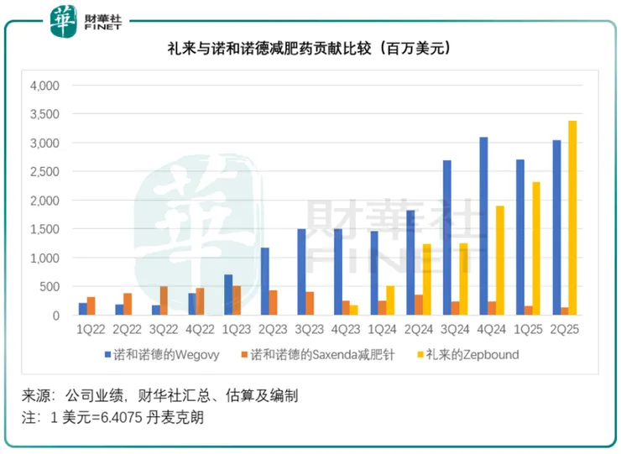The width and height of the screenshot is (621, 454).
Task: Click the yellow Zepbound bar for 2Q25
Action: (x=572, y=218)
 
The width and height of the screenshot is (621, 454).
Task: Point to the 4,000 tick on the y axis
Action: (x=44, y=86)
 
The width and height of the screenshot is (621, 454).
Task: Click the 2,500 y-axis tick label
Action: (x=44, y=172)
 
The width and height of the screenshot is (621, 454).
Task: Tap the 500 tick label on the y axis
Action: (x=50, y=287)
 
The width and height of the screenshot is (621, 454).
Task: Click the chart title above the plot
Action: (x=310, y=50)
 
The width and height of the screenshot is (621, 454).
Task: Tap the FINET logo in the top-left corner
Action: (x=85, y=19)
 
